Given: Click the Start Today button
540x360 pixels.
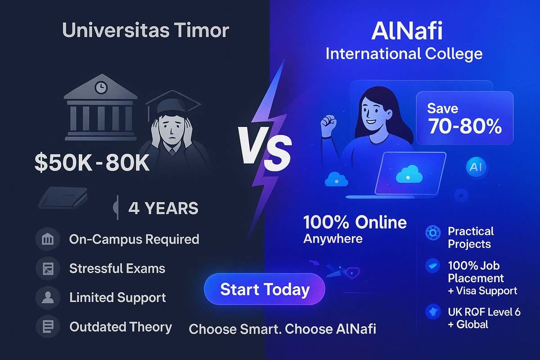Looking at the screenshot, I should coord(264,289).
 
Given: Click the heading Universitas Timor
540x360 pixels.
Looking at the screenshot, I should coord(145,31).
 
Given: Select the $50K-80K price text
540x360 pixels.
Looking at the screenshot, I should coord(92,163).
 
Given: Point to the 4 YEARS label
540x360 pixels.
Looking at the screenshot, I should coord(163,208).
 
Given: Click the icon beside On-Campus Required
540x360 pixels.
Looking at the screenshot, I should coord(46,239).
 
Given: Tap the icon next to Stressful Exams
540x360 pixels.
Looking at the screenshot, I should coord(46,269).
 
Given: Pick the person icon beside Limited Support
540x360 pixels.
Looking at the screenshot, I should coord(46,297).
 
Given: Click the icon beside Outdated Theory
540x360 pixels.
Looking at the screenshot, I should coord(46,326).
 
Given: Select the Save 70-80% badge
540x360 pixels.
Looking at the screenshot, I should coord(464,118).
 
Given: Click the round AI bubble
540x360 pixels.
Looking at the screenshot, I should coord(475,167).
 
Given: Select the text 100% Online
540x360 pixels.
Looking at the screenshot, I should coord(355,222).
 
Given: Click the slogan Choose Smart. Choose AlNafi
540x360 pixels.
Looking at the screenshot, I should coord(282,329).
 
